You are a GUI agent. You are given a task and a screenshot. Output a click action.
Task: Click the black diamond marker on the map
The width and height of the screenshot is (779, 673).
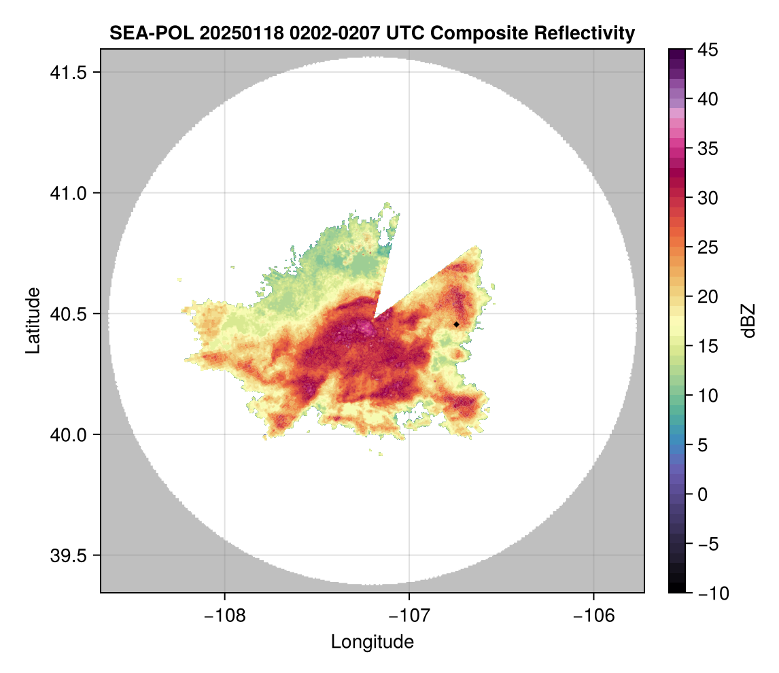457,324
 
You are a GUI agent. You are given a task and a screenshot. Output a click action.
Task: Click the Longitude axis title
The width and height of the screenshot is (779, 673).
373,642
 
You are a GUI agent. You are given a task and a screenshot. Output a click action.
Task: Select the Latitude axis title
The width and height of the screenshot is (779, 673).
33,320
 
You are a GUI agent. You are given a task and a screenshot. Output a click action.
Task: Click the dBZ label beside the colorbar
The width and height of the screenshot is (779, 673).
748,321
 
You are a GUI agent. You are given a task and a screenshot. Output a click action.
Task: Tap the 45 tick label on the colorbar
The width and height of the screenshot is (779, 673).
708,50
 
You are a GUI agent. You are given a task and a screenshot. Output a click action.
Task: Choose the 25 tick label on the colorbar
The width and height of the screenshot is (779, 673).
708,247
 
